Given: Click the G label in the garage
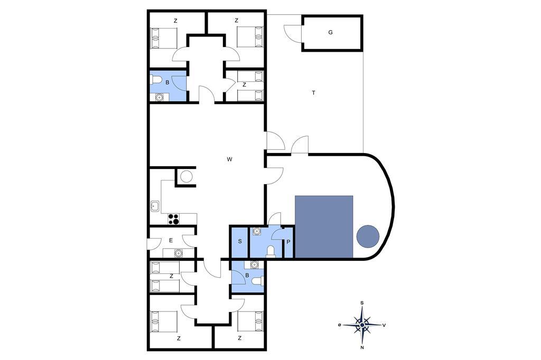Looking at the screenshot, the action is [331, 32].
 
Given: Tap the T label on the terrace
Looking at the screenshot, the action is [313, 93].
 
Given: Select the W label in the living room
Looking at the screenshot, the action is [229, 159].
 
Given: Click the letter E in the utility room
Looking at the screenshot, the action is [171, 240].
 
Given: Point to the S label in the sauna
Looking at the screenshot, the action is [240, 241].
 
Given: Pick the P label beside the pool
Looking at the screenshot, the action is [288, 242].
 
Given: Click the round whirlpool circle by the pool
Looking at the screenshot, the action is [368, 236].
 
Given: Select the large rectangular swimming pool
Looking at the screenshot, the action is [324, 226].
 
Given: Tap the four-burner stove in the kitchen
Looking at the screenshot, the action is [173, 219].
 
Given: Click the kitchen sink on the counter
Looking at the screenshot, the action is [155, 206].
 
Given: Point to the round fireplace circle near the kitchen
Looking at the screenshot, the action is [186, 176].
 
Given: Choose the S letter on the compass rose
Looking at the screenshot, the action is [362, 303].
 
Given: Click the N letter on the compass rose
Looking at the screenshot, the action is [362, 347].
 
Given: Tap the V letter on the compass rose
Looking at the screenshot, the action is [384, 325].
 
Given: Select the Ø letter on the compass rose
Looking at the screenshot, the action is [340, 325].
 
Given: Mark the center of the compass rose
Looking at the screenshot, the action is [362, 325].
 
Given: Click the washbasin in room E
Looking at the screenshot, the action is [178, 253].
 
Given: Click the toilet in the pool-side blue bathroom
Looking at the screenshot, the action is [271, 251].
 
